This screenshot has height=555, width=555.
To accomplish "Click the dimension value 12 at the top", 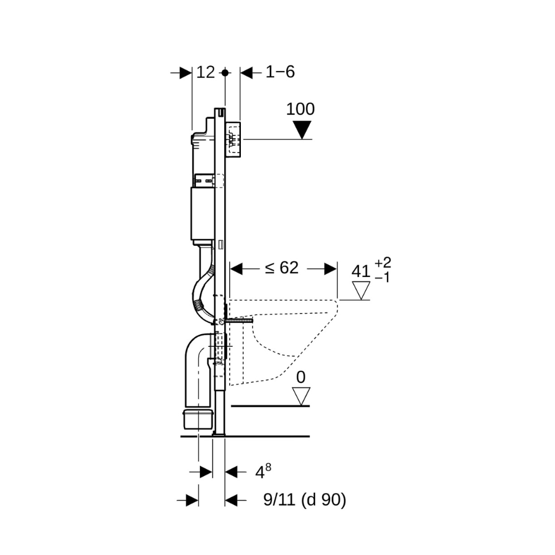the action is [206, 73].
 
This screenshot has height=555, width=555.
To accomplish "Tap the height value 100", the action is [300, 109].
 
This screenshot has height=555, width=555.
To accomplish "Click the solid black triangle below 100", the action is [302, 130].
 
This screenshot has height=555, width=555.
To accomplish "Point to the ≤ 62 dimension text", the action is [282, 268].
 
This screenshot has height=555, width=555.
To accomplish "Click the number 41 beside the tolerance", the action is [361, 272].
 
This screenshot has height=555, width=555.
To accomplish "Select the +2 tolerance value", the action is [382, 263].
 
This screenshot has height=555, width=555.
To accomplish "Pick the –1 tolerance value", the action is [382, 278].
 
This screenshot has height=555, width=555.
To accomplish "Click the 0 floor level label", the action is [301, 377].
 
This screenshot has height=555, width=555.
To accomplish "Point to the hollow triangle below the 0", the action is [301, 396].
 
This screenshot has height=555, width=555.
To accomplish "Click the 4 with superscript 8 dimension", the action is [263, 471].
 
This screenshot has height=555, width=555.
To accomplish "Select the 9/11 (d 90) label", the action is [305, 500].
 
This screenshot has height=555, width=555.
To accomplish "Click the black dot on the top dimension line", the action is [225, 73].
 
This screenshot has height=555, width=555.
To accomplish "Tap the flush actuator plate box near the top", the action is [233, 139].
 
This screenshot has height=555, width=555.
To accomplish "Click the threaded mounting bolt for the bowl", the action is [238, 321].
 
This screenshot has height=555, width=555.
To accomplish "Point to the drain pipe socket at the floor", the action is [198, 420].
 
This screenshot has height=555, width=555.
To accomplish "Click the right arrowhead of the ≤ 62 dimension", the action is [330, 269].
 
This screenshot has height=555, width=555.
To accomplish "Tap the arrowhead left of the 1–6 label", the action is [246, 73].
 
